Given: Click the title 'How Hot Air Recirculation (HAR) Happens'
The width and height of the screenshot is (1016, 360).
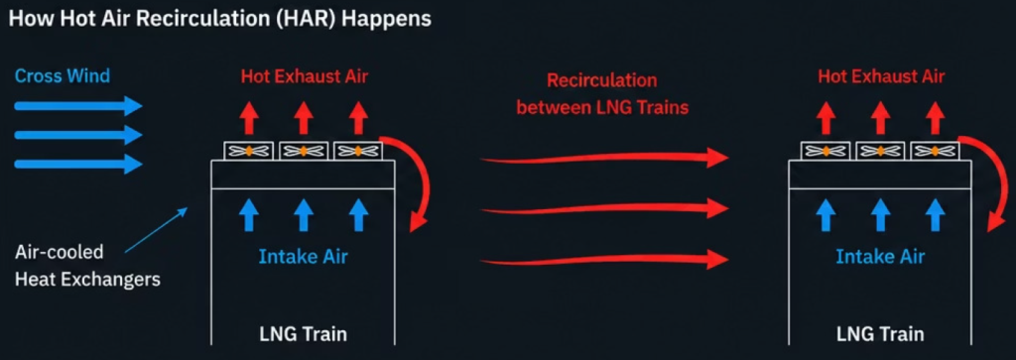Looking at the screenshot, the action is (x=219, y=19).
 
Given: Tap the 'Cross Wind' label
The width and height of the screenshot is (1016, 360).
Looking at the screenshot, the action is (x=63, y=75).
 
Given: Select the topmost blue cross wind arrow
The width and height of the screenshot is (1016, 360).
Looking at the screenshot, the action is (x=77, y=105).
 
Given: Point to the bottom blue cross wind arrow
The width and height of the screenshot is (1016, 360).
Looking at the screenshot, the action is (x=77, y=165).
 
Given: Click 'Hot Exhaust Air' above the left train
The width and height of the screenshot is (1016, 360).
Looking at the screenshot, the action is (x=305, y=76).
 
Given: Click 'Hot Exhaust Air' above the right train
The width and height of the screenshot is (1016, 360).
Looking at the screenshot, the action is (x=881, y=76).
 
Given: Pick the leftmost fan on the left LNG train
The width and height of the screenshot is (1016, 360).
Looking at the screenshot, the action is (x=249, y=151).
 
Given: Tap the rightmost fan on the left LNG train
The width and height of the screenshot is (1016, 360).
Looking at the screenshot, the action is (x=357, y=151).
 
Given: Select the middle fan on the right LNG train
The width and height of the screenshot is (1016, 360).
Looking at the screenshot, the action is (x=880, y=151).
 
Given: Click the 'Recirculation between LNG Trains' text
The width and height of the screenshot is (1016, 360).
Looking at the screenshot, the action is (x=602, y=94).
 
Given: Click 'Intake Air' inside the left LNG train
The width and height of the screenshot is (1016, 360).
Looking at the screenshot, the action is (x=304, y=257).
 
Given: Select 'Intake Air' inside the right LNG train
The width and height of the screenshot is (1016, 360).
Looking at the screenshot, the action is (x=880, y=257).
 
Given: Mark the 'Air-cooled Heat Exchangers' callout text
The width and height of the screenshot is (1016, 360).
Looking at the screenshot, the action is (x=87, y=266).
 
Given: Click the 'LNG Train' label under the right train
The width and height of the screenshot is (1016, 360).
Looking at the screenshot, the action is (x=879, y=335).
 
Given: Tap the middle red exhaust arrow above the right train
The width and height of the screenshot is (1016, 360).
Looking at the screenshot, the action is (x=879, y=117).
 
